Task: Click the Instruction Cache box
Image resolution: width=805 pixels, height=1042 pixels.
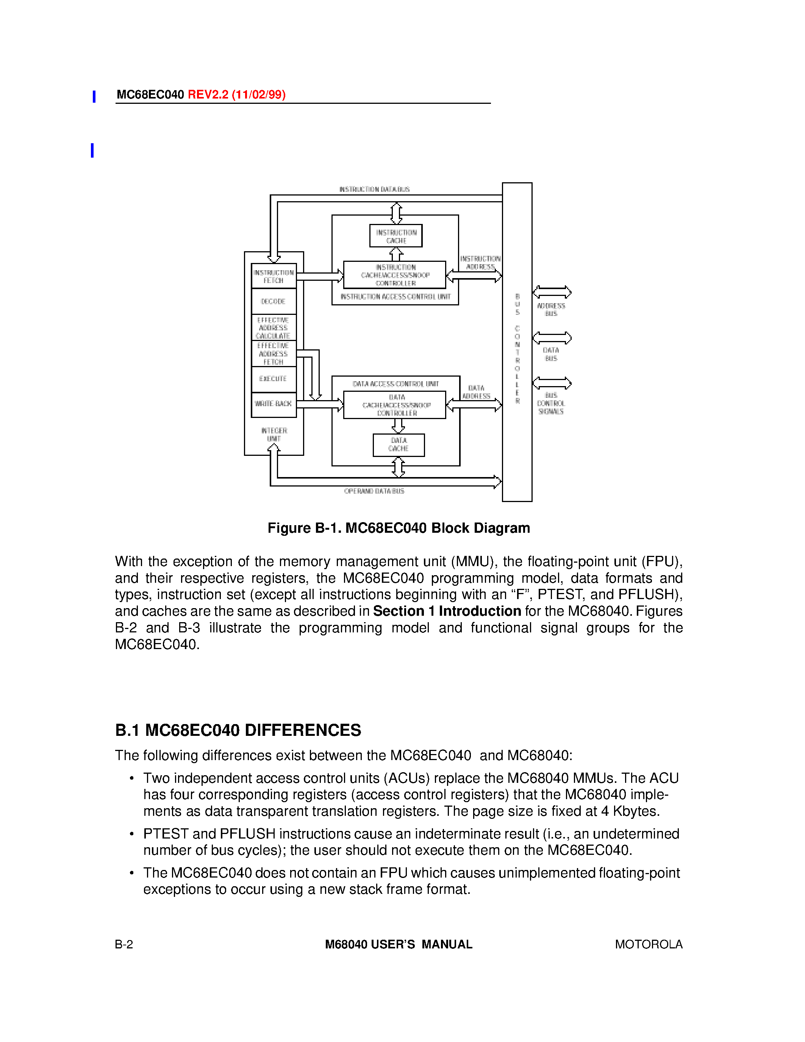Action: coord(396,236)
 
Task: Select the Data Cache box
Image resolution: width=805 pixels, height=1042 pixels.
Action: coord(399,445)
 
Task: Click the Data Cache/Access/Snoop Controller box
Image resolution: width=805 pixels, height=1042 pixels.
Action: coord(395,405)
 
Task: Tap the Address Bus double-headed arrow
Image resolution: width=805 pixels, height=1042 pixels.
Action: coord(552,292)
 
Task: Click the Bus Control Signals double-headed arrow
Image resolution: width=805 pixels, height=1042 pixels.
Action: coord(552,383)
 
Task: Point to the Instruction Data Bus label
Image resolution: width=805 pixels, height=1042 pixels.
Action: coord(374,189)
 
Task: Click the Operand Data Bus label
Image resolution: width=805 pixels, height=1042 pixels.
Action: coord(374,491)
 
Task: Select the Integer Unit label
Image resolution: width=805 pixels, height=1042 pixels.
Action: coord(274,434)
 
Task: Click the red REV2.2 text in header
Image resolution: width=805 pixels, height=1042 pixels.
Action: coord(236,94)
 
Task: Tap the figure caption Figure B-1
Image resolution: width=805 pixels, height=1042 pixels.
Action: coord(399,528)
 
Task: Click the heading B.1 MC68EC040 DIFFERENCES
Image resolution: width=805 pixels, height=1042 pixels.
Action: coord(238,731)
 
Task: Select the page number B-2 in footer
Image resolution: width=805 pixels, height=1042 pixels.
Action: coord(124,945)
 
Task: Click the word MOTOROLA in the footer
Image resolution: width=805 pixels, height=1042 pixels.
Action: coord(649,945)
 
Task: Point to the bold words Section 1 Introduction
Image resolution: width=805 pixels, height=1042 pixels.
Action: coord(447,611)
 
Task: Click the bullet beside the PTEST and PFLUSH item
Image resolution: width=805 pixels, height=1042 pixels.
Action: coord(131,834)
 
